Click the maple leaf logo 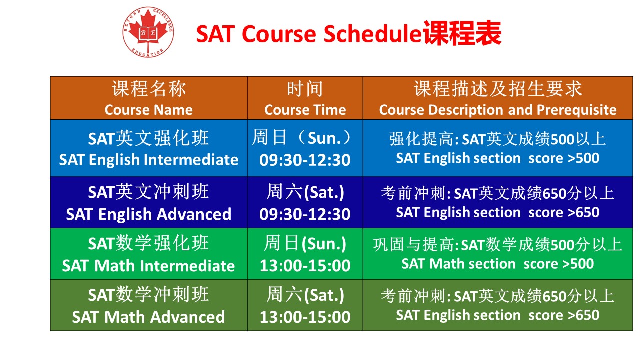(148, 32)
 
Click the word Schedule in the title (372, 34)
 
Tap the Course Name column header (149, 98)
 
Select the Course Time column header (305, 98)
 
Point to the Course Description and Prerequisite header (498, 98)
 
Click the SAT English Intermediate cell (149, 148)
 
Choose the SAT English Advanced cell (149, 202)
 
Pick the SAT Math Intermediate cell (149, 254)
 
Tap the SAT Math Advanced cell (149, 305)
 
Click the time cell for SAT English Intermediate (305, 148)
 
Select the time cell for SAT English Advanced (305, 202)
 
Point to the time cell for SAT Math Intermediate (305, 254)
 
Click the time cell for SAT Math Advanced (305, 305)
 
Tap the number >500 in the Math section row (578, 264)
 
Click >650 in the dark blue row (583, 213)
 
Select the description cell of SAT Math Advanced (498, 305)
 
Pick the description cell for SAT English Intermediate (498, 148)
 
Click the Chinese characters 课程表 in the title (462, 33)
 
